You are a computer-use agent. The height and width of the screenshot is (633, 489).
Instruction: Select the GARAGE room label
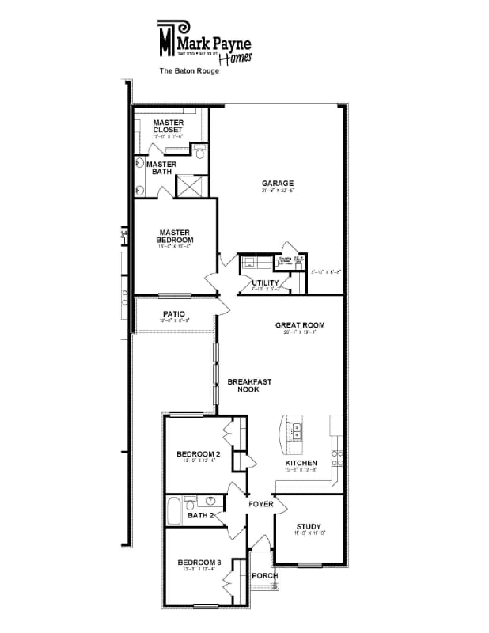[x=278, y=184]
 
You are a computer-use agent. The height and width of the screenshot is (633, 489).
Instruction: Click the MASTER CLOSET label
[x=168, y=126]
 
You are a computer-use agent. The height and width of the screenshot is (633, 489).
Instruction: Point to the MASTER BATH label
[x=162, y=169]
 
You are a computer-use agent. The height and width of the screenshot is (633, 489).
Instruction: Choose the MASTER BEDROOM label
[x=174, y=235]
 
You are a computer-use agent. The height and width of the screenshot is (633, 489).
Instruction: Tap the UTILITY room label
[x=265, y=282]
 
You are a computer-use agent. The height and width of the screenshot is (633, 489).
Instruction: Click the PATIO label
[x=174, y=313]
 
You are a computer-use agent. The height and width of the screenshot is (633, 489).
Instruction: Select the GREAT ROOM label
[x=300, y=325]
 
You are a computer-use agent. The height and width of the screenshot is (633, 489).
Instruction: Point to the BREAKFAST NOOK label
[x=249, y=385]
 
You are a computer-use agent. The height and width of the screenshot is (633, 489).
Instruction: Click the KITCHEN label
[x=301, y=463]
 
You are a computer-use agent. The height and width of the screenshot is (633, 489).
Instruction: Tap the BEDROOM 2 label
[x=198, y=453]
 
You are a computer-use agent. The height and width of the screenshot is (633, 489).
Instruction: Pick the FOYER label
[x=261, y=503]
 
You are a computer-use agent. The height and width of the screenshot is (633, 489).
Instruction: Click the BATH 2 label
[x=201, y=516]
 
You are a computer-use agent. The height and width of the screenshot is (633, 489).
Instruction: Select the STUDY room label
[x=309, y=526]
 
